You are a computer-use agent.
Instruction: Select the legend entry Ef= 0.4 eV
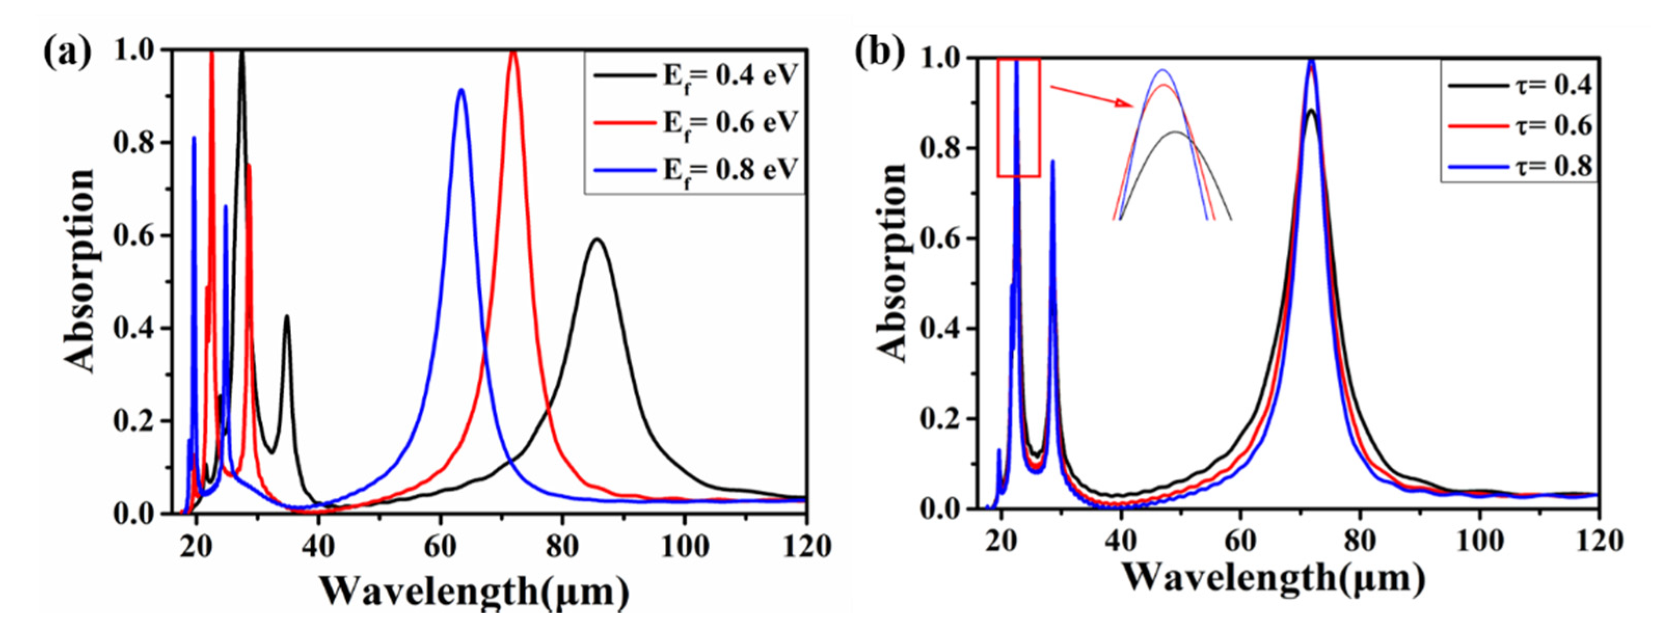tap(695, 76)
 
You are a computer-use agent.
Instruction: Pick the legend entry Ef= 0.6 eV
tap(695, 123)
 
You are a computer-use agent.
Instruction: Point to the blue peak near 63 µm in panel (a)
tap(461, 90)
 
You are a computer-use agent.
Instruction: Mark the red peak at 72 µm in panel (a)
tap(513, 53)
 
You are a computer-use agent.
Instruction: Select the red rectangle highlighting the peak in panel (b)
tap(1019, 117)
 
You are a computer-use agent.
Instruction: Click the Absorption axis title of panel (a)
tap(80, 271)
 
